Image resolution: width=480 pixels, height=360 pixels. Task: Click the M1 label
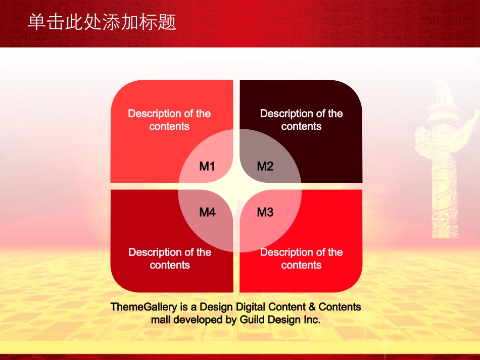(x=207, y=167)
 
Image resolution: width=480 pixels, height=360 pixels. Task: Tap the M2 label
(x=265, y=167)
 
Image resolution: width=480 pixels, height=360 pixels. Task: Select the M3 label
(x=265, y=212)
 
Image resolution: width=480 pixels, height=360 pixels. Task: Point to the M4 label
(x=207, y=212)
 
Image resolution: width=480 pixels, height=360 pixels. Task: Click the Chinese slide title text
(x=102, y=22)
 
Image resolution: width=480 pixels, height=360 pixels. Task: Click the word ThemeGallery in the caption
(x=144, y=307)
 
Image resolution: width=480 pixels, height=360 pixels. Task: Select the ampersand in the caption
(x=312, y=307)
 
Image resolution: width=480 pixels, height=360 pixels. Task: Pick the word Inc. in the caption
(x=312, y=320)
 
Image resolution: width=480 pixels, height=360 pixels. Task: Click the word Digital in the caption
(x=251, y=307)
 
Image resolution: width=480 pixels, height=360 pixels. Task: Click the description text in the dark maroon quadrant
(x=301, y=120)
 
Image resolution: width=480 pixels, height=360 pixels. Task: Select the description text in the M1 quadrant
(x=169, y=120)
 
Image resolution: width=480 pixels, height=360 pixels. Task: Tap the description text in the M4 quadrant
(x=170, y=259)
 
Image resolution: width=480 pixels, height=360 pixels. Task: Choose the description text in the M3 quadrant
(x=301, y=259)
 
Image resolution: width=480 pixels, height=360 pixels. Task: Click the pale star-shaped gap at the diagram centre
(x=236, y=186)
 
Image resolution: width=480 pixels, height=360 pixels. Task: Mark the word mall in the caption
(x=161, y=320)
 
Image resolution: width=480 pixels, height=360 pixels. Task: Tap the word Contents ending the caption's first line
(x=340, y=307)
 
